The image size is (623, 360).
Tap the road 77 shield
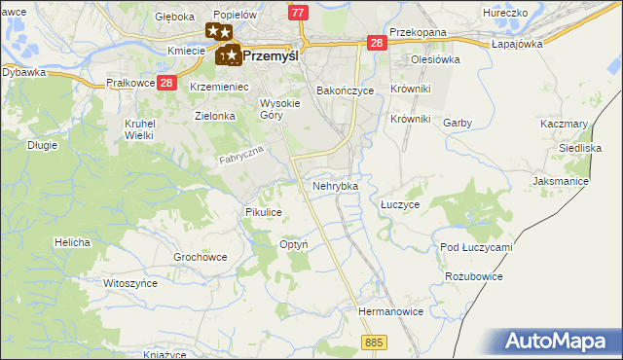pos(299,11)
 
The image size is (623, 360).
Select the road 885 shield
pos(375,342)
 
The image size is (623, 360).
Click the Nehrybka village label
pos(335,185)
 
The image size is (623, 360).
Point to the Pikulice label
pos(264,211)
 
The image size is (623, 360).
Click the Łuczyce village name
pos(399,205)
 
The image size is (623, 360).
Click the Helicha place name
pos(73,242)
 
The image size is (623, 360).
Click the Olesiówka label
pos(435,58)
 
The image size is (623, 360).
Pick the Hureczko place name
pos(505,15)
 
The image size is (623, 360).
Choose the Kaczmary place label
pos(564,125)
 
